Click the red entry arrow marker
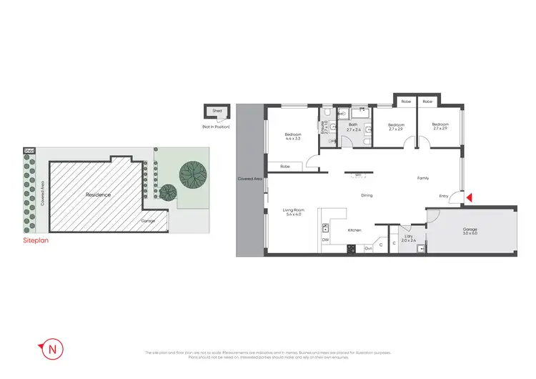click(x=469, y=198)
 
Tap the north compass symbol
click(x=52, y=350)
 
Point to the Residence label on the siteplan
click(x=98, y=194)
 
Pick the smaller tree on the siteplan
click(x=168, y=192)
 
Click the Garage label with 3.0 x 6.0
click(x=470, y=231)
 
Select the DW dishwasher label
click(x=325, y=240)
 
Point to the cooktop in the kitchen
click(x=350, y=248)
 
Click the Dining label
click(x=367, y=195)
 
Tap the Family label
click(x=423, y=178)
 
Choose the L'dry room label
click(x=408, y=238)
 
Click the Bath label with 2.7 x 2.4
click(x=352, y=127)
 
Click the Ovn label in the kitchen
click(x=368, y=248)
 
